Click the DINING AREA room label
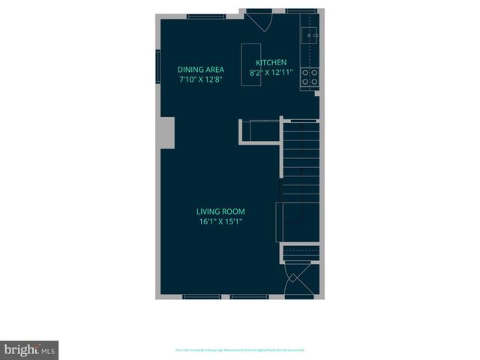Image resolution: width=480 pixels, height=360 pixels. (x=200, y=69)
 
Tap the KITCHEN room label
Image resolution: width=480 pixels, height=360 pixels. (x=271, y=63)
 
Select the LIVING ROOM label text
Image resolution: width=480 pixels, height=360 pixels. (x=221, y=211)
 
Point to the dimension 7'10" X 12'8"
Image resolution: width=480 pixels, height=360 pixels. (x=201, y=79)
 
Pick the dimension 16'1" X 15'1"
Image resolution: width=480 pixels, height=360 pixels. (x=220, y=222)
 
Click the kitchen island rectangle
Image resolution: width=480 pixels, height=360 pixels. (x=250, y=66)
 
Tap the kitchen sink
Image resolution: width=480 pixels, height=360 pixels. (x=310, y=34)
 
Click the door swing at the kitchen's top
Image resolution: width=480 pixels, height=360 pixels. (x=261, y=20)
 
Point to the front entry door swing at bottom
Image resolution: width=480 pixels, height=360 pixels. (x=300, y=283)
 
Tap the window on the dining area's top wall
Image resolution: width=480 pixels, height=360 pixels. (x=206, y=16)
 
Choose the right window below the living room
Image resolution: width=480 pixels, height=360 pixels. (x=250, y=297)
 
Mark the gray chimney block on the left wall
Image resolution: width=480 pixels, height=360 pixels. (x=165, y=133)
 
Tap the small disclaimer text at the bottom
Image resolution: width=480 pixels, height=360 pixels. (x=240, y=349)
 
